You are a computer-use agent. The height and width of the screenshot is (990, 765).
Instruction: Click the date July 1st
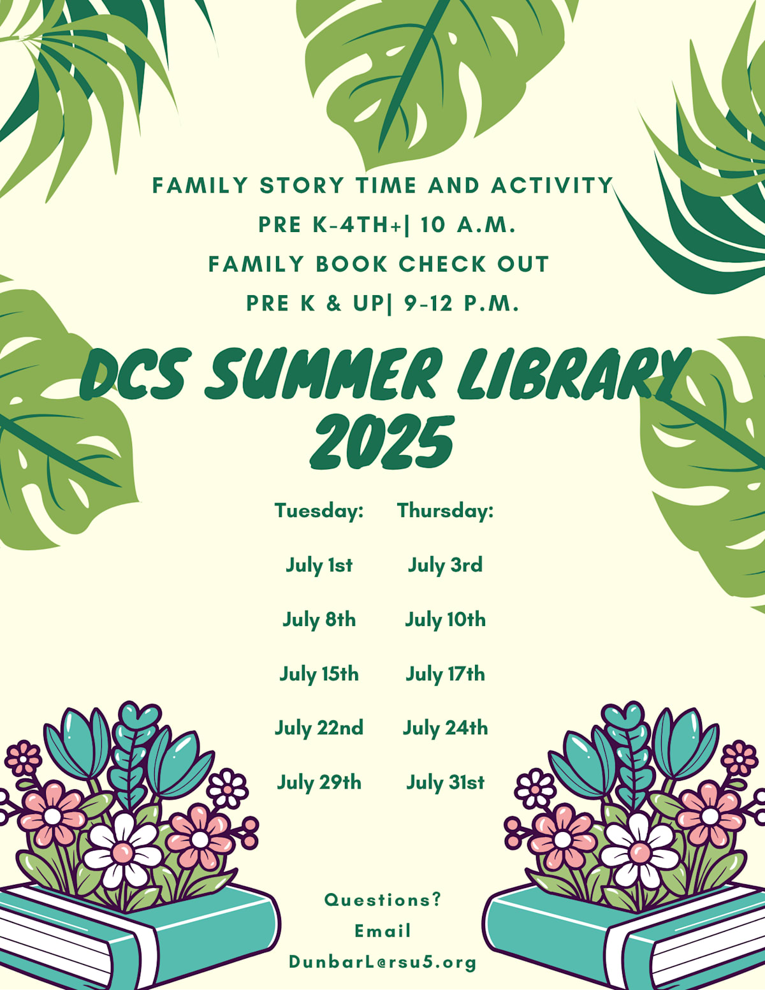pyautogui.click(x=319, y=565)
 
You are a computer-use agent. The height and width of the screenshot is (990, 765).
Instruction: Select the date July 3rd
pyautogui.click(x=445, y=565)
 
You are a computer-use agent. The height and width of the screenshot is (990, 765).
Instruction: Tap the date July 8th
pyautogui.click(x=319, y=620)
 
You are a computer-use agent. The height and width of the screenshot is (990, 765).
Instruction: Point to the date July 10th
pyautogui.click(x=445, y=620)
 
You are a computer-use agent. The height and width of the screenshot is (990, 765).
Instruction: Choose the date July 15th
pyautogui.click(x=319, y=674)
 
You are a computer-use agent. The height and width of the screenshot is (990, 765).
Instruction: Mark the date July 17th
pyautogui.click(x=445, y=674)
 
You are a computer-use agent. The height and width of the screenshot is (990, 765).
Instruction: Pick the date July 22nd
pyautogui.click(x=319, y=728)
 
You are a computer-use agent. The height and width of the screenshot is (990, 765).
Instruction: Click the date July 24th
pyautogui.click(x=445, y=728)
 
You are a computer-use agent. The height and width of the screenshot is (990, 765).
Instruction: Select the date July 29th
pyautogui.click(x=319, y=783)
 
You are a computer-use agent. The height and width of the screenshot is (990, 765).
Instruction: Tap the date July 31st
pyautogui.click(x=445, y=783)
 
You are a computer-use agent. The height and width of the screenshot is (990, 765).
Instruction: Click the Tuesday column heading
pyautogui.click(x=319, y=511)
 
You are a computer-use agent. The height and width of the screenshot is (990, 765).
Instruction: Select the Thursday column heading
pyautogui.click(x=445, y=511)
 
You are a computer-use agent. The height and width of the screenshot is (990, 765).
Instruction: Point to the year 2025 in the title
pyautogui.click(x=382, y=442)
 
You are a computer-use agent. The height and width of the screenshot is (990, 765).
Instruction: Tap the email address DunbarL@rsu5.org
pyautogui.click(x=382, y=961)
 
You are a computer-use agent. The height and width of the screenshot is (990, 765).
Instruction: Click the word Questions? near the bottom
pyautogui.click(x=382, y=899)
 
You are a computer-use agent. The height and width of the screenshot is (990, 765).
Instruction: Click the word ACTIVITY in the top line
pyautogui.click(x=552, y=186)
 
